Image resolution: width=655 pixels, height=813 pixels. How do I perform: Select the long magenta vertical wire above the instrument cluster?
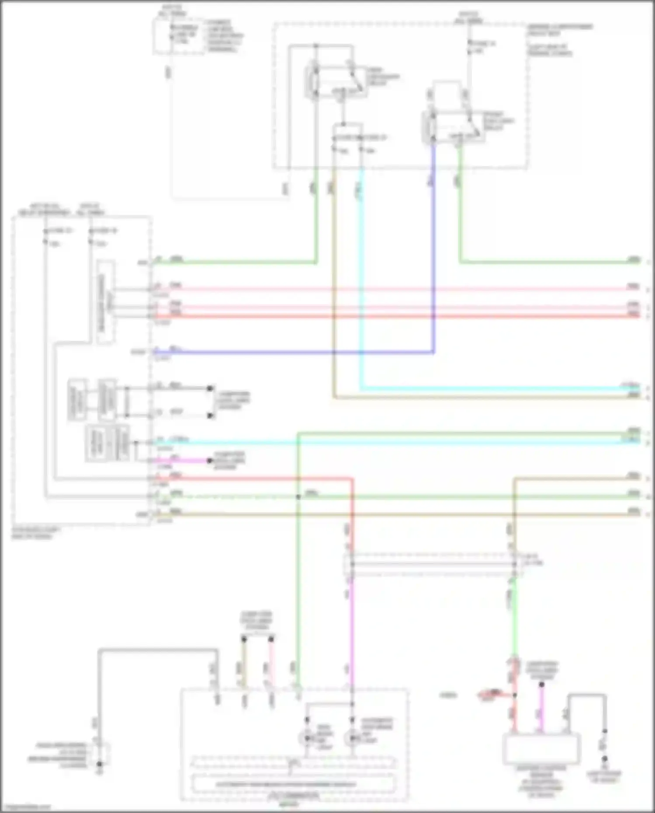351,633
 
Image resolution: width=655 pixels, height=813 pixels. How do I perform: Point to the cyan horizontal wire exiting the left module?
393,442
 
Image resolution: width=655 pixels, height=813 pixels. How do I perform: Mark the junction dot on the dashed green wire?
298,497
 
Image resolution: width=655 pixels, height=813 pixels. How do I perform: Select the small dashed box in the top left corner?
178,37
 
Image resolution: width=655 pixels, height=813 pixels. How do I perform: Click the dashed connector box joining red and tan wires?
433,564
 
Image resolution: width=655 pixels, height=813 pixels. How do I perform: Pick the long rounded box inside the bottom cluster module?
294,784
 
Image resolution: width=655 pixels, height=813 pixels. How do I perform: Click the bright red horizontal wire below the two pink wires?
393,315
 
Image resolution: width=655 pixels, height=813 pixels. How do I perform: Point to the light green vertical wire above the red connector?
514,620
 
